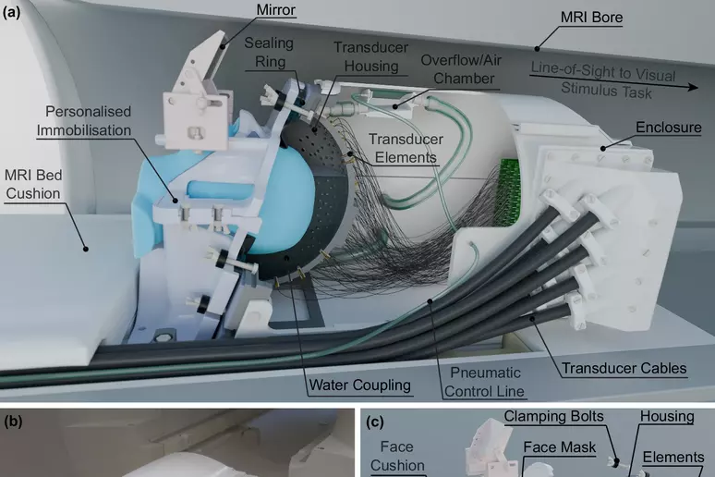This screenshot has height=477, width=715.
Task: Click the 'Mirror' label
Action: click(x=276, y=9)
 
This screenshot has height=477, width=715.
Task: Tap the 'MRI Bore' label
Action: click(x=591, y=18)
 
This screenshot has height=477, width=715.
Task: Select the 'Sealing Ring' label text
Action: click(x=269, y=52)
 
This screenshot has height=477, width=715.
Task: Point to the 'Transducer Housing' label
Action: click(x=370, y=56)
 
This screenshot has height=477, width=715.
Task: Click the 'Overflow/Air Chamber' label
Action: click(x=461, y=69)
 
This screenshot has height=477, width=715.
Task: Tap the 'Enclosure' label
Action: click(x=669, y=127)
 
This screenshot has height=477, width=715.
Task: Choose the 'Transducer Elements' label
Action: click(x=406, y=148)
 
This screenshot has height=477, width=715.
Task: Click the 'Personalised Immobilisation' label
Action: click(x=85, y=120)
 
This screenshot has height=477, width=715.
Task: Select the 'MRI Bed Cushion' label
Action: click(x=33, y=184)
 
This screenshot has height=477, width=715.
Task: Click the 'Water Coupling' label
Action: click(x=359, y=385)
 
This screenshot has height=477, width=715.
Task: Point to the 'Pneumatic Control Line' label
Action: click(x=485, y=382)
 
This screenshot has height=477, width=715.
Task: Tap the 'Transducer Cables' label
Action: click(x=624, y=368)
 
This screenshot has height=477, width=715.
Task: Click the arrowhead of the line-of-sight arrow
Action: click(x=694, y=87)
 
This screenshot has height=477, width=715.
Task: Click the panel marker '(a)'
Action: click(x=11, y=12)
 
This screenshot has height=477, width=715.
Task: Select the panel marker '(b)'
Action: click(x=13, y=421)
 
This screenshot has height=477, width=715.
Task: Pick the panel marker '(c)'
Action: click(x=375, y=422)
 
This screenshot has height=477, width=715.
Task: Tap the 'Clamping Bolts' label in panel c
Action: click(x=553, y=416)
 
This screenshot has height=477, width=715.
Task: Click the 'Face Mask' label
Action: click(x=560, y=447)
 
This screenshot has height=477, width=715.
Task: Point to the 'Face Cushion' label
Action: click(x=397, y=456)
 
